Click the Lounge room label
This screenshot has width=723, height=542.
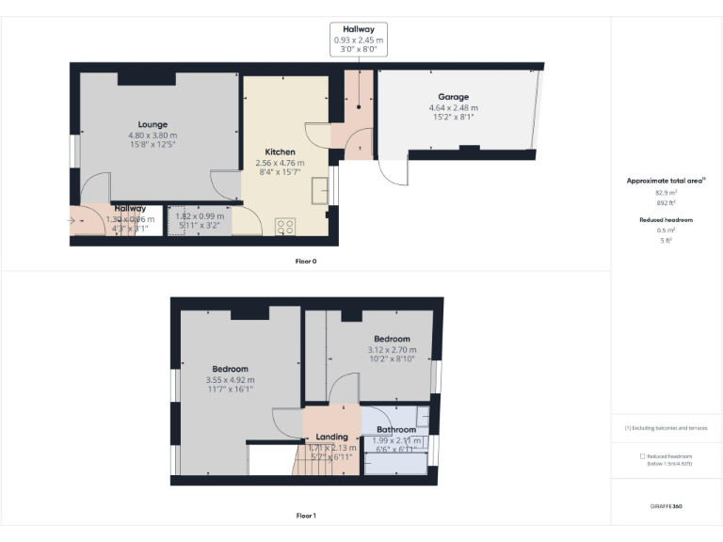click(x=153, y=124)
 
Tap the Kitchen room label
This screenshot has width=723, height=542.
click(x=280, y=152)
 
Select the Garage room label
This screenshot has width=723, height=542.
click(x=453, y=97)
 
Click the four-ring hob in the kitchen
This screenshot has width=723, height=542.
click(x=285, y=227)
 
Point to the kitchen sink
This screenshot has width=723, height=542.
click(x=320, y=190)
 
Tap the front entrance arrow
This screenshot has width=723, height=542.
click(x=74, y=221)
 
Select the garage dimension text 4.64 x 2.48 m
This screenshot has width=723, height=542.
click(x=453, y=107)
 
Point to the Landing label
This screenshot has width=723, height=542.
click(x=331, y=437)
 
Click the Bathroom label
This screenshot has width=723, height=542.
click(x=396, y=430)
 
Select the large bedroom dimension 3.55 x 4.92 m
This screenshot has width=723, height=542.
click(x=230, y=379)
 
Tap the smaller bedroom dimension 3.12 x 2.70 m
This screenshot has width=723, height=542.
click(x=392, y=350)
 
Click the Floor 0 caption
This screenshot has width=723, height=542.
click(x=306, y=261)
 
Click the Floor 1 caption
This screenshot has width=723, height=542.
click(x=306, y=516)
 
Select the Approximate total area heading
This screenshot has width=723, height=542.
click(x=666, y=181)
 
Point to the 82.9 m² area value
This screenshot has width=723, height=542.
click(x=666, y=191)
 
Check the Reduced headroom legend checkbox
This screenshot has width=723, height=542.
click(x=641, y=456)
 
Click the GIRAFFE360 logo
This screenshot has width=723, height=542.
click(x=666, y=506)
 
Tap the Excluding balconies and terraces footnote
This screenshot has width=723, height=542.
click(x=666, y=427)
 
